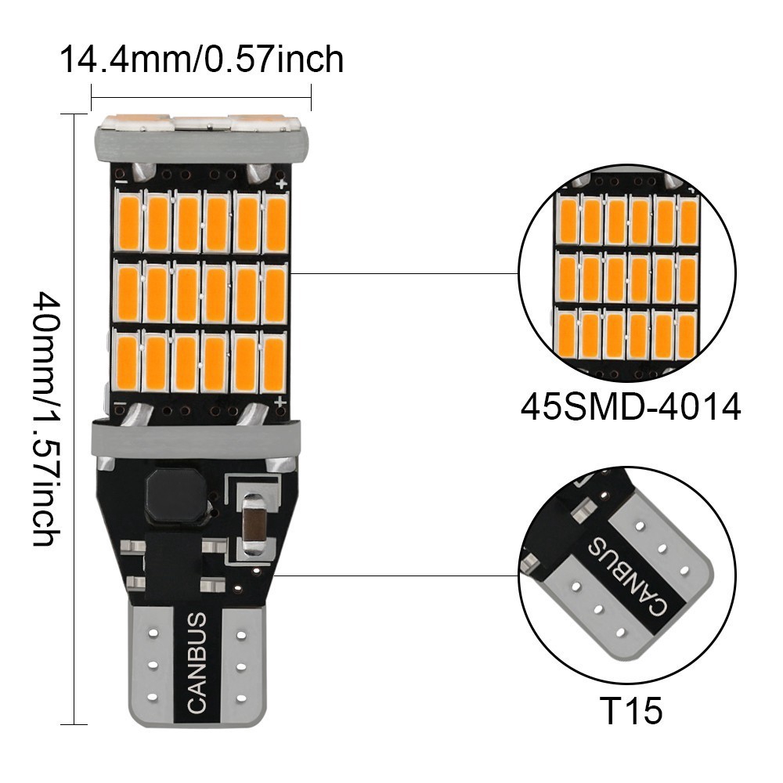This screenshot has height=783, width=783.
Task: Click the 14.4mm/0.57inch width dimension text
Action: (202, 60)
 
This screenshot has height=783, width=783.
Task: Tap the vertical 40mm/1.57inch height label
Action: (45, 419)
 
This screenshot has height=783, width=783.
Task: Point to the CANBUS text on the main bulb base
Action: (197, 662)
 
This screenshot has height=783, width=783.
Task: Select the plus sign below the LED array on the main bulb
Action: (280, 402)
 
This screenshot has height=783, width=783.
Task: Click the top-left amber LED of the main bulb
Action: (128, 222)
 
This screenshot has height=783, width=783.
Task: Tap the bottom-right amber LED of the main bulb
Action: (273, 363)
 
